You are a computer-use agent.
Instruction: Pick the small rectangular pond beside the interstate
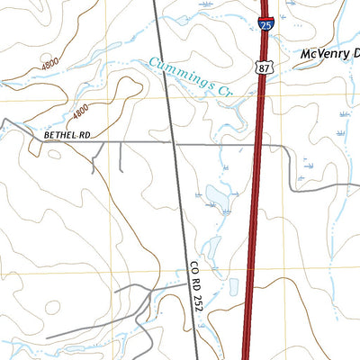pyautogui.click(x=233, y=287)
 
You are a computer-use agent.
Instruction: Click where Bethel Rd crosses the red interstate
pyautogui.click(x=257, y=142)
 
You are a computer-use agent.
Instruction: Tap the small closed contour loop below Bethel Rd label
pyautogui.click(x=55, y=154)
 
